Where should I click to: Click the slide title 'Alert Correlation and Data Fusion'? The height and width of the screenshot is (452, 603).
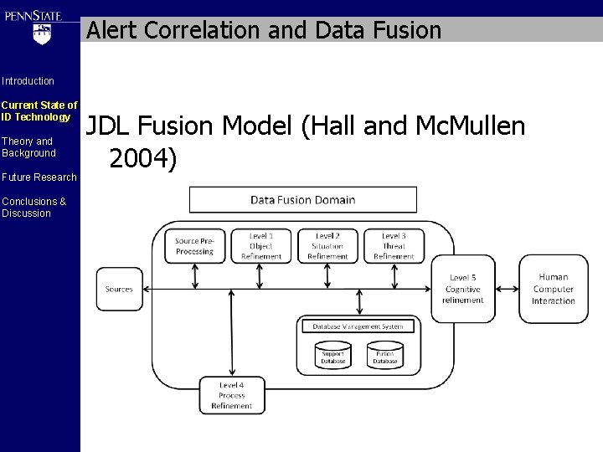(264, 31)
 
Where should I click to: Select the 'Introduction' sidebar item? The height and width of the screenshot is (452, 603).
(28, 81)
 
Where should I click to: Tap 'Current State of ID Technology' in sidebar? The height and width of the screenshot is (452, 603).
(39, 111)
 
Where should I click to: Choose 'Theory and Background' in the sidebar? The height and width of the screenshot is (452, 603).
(28, 147)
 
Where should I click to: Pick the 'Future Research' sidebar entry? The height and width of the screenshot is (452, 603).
(39, 177)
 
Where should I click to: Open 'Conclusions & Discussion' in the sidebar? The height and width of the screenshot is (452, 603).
(26, 207)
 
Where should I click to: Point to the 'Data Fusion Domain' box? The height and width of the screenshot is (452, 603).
(302, 199)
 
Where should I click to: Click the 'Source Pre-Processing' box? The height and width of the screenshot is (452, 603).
(193, 246)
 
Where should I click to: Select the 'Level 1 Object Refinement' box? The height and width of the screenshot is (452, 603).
(261, 246)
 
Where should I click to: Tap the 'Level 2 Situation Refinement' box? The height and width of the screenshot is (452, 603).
(327, 246)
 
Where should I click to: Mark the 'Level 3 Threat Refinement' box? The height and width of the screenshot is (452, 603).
(394, 246)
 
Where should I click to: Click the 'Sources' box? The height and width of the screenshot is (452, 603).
(119, 289)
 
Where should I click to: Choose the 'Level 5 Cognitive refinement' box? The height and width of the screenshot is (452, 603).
(463, 289)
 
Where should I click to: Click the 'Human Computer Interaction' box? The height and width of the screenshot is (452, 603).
(553, 289)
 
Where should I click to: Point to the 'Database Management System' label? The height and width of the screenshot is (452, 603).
(358, 326)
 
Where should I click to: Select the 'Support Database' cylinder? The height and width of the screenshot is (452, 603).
(333, 355)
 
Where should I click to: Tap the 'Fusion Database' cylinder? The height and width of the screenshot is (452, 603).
(384, 355)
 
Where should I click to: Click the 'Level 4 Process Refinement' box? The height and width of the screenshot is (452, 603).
(231, 395)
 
